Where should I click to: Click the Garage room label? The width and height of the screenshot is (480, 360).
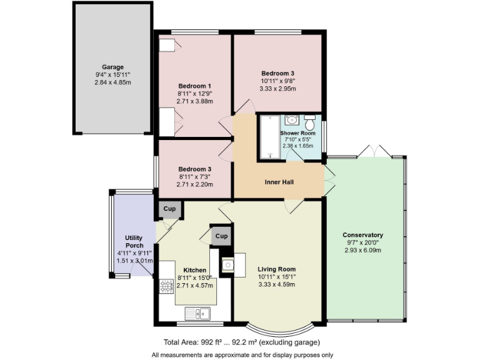pos(113,67)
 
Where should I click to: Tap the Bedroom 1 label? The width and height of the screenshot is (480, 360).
pos(195,86)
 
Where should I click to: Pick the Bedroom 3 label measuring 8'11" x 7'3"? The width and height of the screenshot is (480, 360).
pos(195,169)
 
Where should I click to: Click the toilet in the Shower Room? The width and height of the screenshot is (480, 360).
pos(309,121)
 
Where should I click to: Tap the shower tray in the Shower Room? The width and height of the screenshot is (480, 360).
pos(268,137)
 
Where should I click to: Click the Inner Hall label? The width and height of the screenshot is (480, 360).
pos(279,182)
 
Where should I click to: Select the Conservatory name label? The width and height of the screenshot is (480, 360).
pos(362,235)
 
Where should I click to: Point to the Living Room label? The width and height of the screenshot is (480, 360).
pos(277,269)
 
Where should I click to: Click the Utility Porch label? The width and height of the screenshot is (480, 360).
pos(134,241)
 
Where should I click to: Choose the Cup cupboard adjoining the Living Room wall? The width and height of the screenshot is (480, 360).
pos(221,236)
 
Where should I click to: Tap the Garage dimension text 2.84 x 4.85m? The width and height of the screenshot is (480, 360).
pos(113,82)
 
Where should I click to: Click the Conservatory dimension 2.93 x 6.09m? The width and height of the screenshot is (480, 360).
pos(362,250)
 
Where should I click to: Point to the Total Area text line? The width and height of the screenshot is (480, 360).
pos(242,342)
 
